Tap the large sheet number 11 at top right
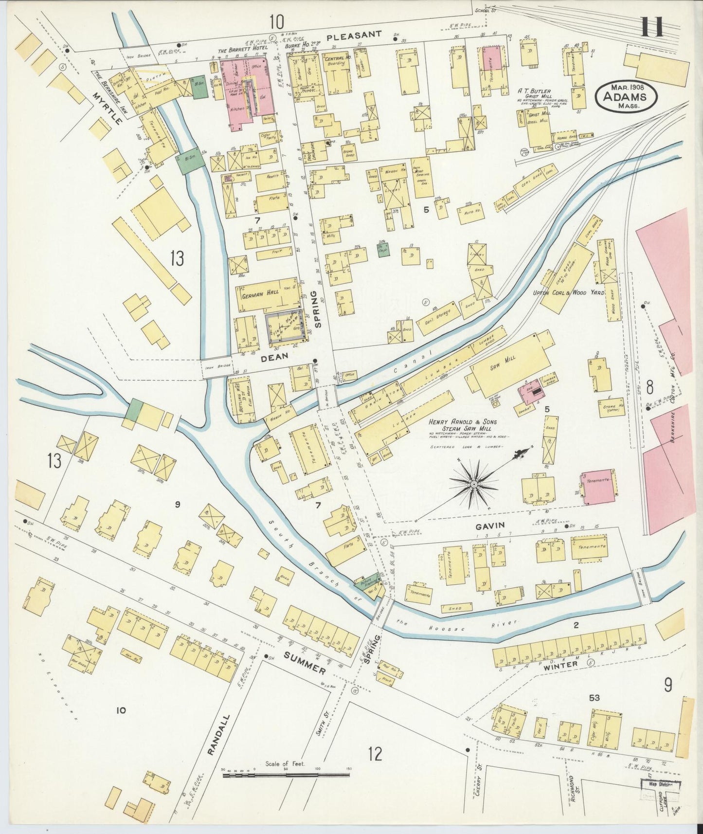pos(651,27)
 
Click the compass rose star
pos(473,484)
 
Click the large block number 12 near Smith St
pos(375,754)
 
